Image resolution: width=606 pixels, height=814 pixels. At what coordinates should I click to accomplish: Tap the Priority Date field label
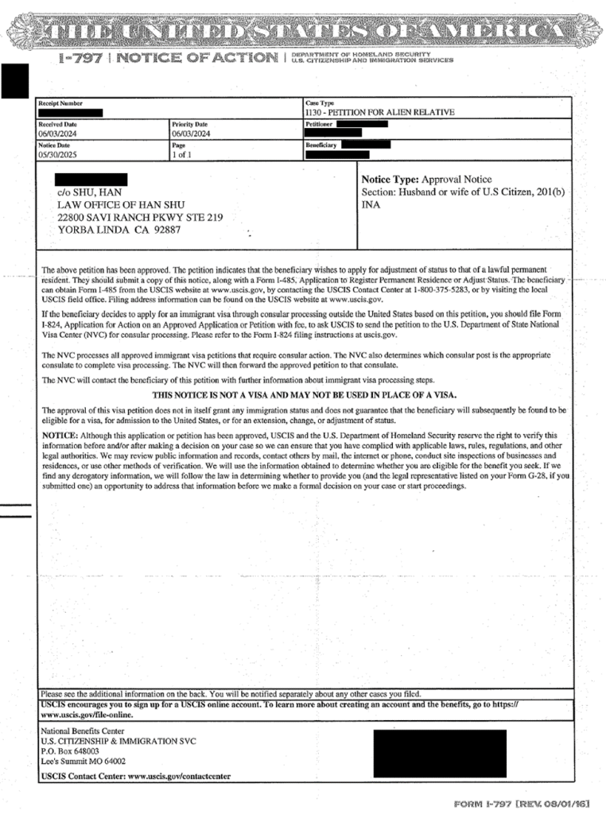[x=189, y=125]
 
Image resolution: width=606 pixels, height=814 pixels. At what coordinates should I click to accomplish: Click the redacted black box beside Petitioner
[x=362, y=124]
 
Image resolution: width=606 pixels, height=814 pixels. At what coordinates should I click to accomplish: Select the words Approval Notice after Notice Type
[x=456, y=180]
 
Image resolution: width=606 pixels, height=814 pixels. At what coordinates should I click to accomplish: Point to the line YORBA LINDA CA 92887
[x=118, y=230]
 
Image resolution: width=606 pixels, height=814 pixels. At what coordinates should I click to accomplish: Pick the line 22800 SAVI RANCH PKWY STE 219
[x=139, y=217]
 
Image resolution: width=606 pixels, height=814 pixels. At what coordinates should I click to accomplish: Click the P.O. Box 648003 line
[x=70, y=750]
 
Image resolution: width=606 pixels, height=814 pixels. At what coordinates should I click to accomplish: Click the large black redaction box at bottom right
[x=439, y=753]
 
